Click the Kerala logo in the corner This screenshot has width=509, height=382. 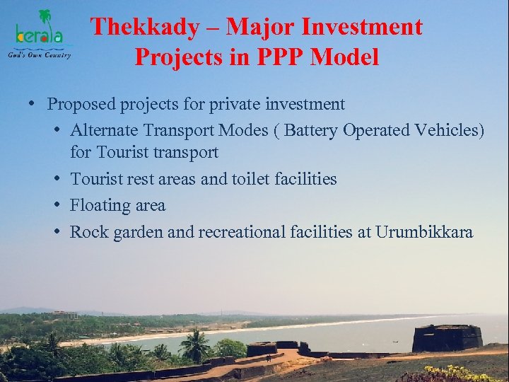pos(42,33)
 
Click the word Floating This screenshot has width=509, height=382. pos(98,206)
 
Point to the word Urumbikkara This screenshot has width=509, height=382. pos(424,232)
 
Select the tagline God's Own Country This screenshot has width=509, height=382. pos(39,54)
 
